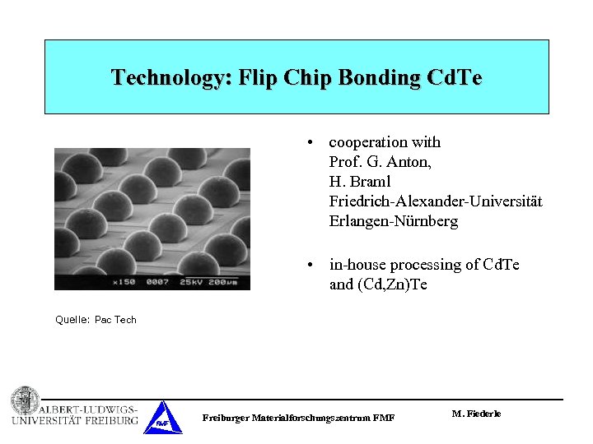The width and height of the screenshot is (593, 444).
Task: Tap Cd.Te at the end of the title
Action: (x=455, y=78)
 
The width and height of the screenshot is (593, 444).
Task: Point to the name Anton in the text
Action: (x=410, y=162)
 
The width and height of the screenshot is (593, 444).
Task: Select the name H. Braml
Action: (x=360, y=182)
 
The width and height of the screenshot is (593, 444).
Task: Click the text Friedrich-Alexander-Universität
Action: (x=435, y=201)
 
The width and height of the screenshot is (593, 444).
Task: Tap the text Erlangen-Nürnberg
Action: (x=393, y=221)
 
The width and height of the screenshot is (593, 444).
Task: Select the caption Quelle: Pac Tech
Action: (x=96, y=320)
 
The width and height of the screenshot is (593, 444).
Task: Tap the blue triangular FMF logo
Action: (x=162, y=419)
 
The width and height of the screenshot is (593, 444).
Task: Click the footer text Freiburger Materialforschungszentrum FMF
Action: (x=298, y=419)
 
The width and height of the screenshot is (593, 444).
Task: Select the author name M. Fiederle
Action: (x=476, y=414)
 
